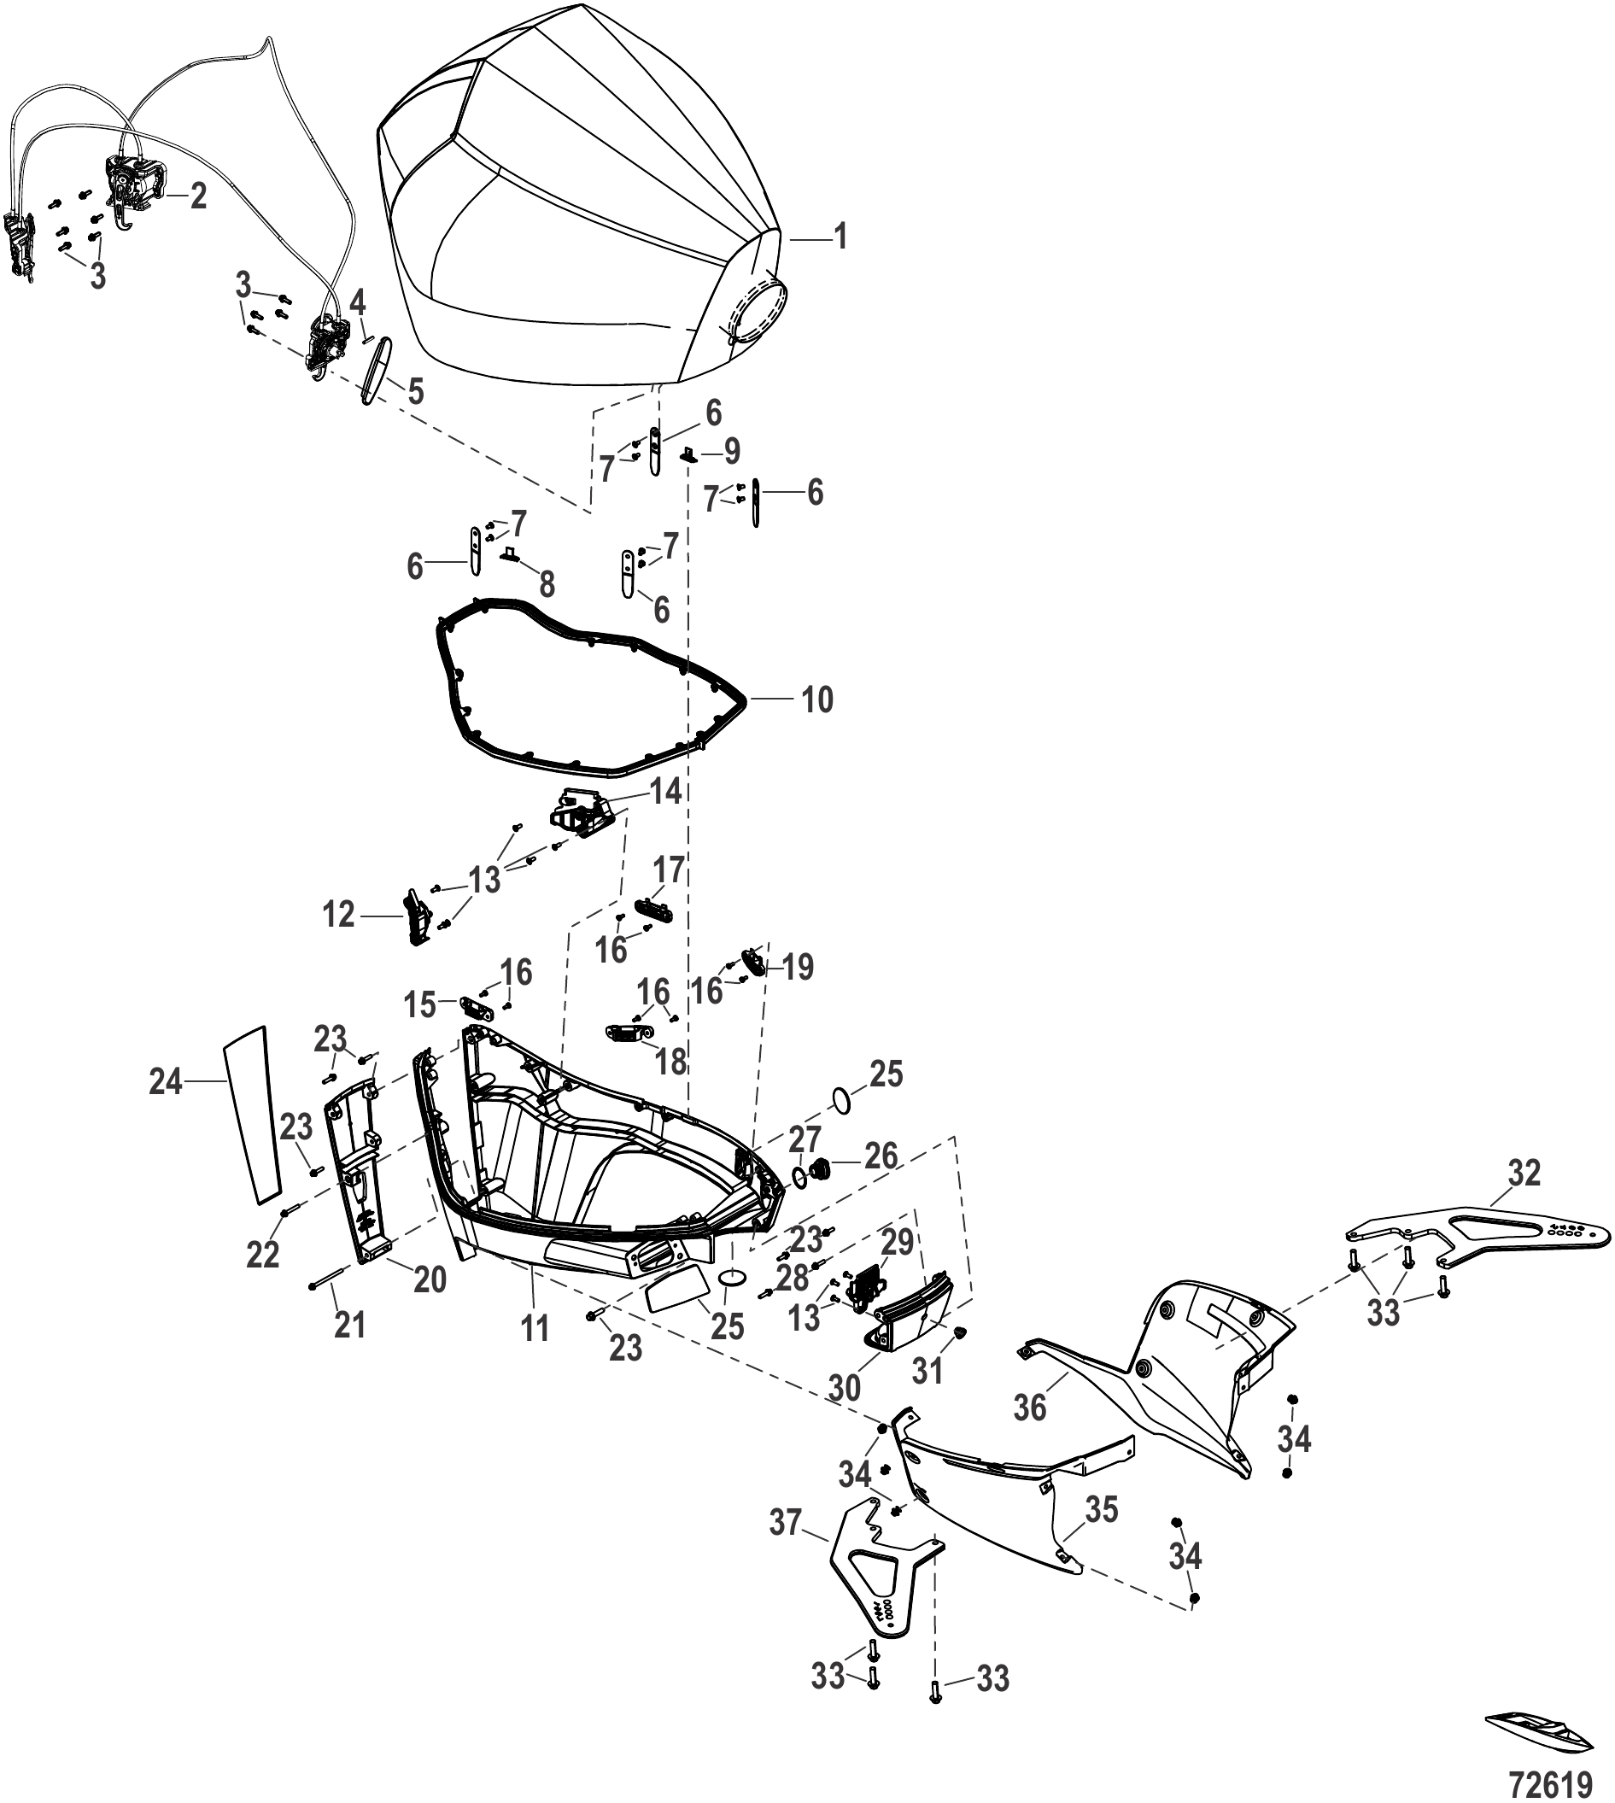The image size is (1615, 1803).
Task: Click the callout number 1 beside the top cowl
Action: click(840, 237)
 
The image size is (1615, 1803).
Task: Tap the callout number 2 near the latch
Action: click(198, 196)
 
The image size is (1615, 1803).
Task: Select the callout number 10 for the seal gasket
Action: click(817, 700)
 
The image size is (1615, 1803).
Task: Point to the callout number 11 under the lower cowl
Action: click(535, 1327)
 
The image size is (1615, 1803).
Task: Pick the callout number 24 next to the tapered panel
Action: click(166, 1080)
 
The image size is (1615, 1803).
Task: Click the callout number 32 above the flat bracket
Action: click(1525, 1173)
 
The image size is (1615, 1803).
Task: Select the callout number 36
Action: click(1030, 1408)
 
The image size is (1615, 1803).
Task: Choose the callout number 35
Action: click(1102, 1510)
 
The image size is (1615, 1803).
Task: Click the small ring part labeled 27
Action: click(799, 1177)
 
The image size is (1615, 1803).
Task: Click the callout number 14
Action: click(666, 791)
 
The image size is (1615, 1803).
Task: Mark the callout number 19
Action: click(798, 966)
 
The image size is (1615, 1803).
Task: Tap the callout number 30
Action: click(845, 1388)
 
